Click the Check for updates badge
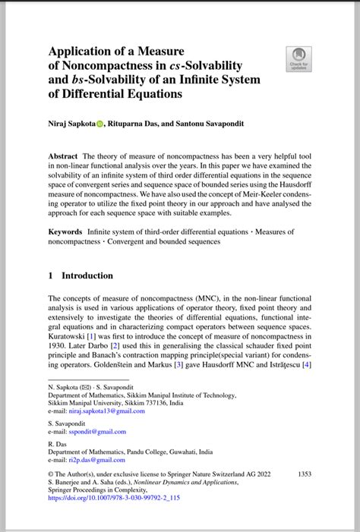[x=297, y=59]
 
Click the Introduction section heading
[x=87, y=276]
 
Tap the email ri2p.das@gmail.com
[x=95, y=460]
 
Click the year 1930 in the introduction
[x=57, y=345]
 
